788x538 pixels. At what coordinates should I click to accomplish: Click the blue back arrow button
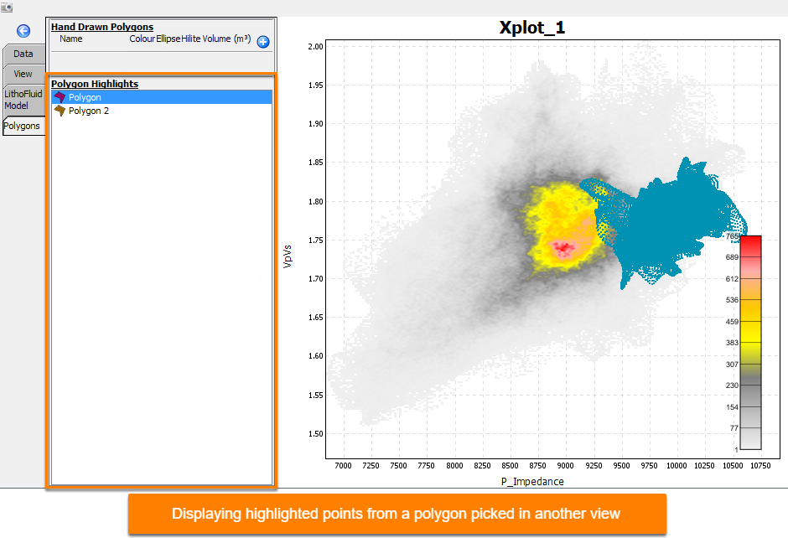click(x=23, y=31)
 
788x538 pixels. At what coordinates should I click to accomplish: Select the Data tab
click(x=23, y=54)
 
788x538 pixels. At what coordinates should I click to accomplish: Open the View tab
click(x=23, y=74)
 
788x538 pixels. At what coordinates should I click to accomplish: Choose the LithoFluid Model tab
click(x=23, y=100)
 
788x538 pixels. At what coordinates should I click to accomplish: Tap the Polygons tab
click(x=22, y=126)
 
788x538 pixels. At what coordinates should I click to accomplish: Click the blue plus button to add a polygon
click(x=263, y=42)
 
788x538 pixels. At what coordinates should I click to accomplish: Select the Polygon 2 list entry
click(x=89, y=111)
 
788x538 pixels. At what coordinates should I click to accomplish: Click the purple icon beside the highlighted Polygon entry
click(x=60, y=97)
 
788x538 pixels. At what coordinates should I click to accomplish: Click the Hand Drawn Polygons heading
click(x=102, y=27)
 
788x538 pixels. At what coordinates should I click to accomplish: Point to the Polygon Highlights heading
click(x=95, y=84)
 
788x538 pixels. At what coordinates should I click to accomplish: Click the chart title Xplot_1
click(x=531, y=27)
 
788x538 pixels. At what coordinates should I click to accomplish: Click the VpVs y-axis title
click(x=288, y=256)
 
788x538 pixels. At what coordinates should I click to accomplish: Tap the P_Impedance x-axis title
click(x=532, y=481)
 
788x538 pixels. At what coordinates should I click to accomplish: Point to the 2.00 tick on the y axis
click(x=315, y=47)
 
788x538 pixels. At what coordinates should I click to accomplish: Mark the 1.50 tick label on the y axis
click(x=315, y=433)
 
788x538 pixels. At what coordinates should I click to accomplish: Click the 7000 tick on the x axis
click(x=343, y=466)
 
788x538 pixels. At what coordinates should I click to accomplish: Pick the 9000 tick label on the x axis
click(x=565, y=466)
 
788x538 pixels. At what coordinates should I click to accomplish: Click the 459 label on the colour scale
click(x=732, y=322)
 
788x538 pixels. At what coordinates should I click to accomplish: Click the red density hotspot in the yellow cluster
click(x=563, y=247)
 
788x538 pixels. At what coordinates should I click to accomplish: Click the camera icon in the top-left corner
click(x=7, y=8)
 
